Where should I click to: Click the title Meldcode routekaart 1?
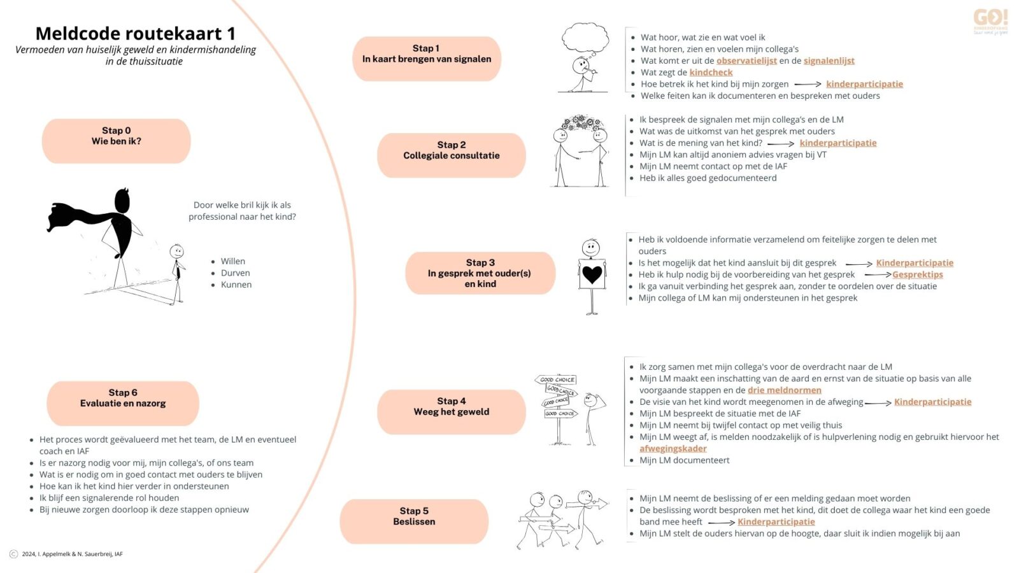[x=135, y=33]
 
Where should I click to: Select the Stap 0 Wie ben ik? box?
[x=117, y=141]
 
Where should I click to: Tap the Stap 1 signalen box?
[x=427, y=59]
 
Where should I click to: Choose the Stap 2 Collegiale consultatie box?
[x=451, y=155]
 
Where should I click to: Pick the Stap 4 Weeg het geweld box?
[x=451, y=412]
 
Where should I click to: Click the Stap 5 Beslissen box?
[x=414, y=521]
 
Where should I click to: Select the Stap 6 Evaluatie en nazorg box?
[x=123, y=403]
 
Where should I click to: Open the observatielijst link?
[x=746, y=61]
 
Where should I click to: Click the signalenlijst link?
[x=829, y=61]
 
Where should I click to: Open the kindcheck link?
[x=711, y=73]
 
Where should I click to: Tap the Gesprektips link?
[x=917, y=275]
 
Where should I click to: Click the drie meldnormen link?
[x=784, y=390]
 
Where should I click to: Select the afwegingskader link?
[x=673, y=449]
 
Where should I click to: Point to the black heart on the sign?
[x=592, y=274]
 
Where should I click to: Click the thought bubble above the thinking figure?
[x=585, y=38]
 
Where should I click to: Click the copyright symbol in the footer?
[x=14, y=554]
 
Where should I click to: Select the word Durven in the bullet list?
[x=235, y=273]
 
